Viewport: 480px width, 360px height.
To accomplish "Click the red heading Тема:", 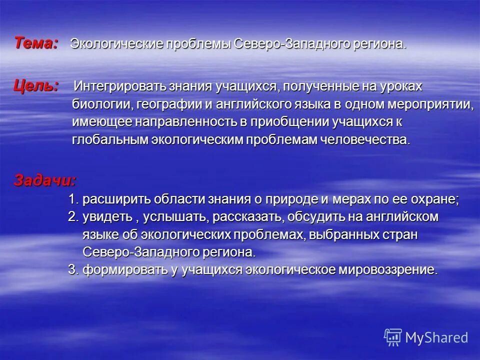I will (35, 43).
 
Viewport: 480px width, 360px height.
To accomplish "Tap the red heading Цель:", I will (35, 85).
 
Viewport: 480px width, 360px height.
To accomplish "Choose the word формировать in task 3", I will (116, 270).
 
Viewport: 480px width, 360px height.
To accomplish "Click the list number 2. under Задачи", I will (73, 217).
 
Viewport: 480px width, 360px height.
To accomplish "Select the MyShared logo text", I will (436, 337).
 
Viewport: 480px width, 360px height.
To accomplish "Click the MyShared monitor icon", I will (393, 337).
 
